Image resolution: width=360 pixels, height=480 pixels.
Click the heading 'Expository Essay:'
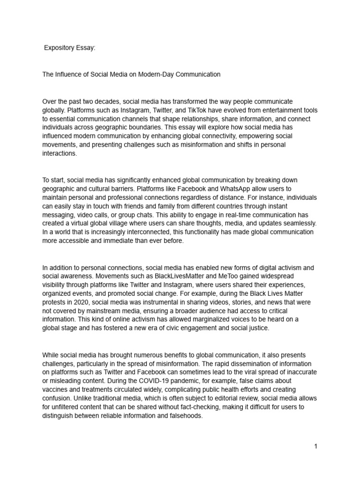[69, 48]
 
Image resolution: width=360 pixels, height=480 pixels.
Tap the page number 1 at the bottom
[316, 447]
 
